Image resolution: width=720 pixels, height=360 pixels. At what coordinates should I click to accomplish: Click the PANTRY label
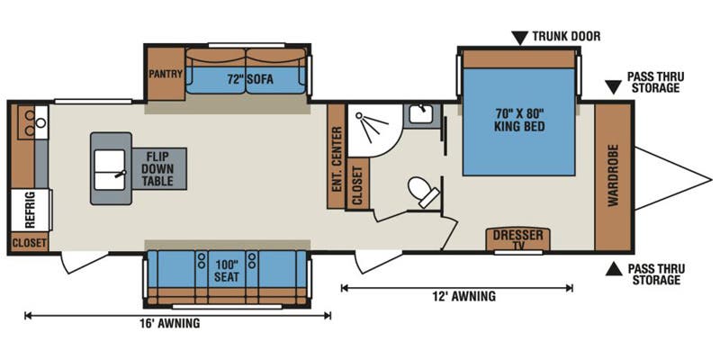tap(166, 74)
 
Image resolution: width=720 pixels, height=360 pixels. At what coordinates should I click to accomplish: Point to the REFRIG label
tap(28, 209)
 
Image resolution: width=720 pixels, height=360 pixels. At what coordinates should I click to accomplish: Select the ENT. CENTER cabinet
tap(336, 155)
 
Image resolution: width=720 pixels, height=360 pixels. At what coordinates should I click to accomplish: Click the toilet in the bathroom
tap(422, 190)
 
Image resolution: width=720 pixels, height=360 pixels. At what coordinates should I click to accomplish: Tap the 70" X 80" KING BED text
tap(519, 120)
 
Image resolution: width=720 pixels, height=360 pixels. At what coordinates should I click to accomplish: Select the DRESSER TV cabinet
tap(517, 238)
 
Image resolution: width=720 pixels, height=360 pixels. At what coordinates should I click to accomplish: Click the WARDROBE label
tap(613, 175)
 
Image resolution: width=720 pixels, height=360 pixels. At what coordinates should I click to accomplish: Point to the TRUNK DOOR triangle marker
tap(520, 37)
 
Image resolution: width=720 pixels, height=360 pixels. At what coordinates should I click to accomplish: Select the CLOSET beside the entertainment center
tap(355, 184)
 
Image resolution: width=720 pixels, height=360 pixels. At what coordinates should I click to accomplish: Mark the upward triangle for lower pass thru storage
tap(613, 267)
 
